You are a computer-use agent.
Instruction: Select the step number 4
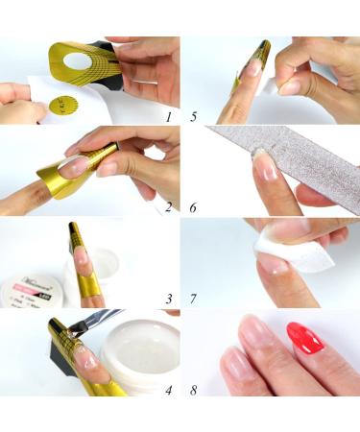pyautogui.click(x=167, y=390)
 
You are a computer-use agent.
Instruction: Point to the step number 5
pyautogui.click(x=195, y=116)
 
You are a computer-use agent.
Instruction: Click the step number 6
pyautogui.click(x=195, y=206)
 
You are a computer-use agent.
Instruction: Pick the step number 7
pyautogui.click(x=195, y=299)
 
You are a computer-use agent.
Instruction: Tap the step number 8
pyautogui.click(x=195, y=390)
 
